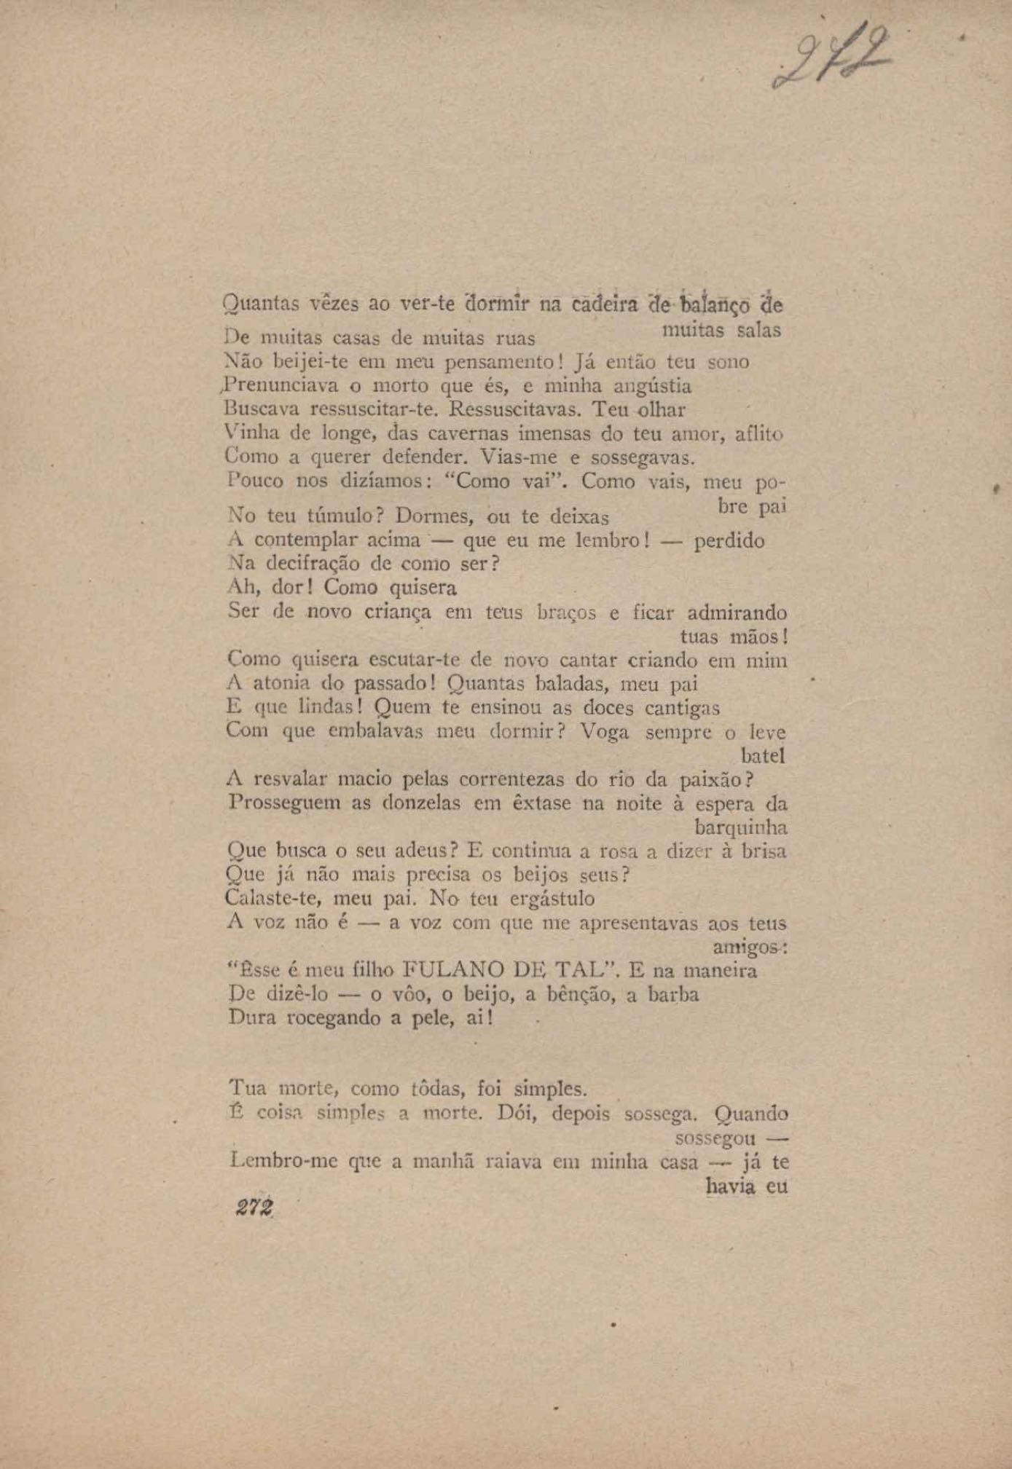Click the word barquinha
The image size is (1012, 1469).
(x=740, y=828)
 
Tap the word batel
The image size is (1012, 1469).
(x=762, y=756)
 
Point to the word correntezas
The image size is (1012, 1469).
(x=514, y=780)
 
